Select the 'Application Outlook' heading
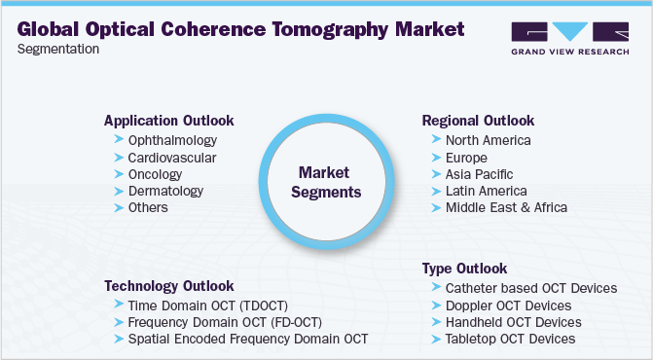[168, 121]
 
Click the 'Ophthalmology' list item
[172, 141]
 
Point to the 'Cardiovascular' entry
[172, 158]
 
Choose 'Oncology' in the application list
[156, 174]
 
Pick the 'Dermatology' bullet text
[166, 191]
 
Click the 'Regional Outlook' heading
[478, 121]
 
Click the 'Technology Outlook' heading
[168, 286]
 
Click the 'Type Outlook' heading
[464, 268]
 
